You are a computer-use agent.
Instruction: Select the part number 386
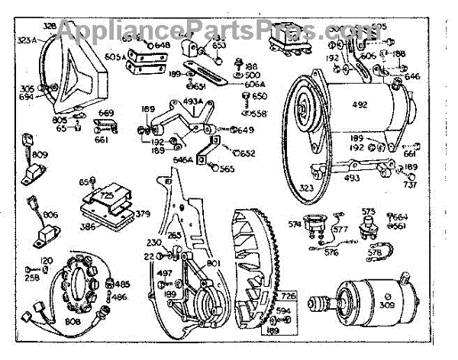tap(89, 227)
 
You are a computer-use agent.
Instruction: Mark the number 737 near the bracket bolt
tap(411, 185)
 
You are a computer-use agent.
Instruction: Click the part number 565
tap(227, 169)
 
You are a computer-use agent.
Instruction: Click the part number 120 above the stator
tap(47, 261)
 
